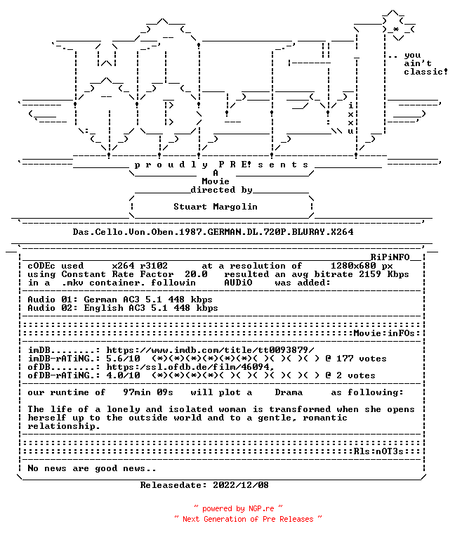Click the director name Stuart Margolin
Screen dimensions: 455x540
[x=216, y=207]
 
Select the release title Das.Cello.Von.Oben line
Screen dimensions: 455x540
[x=213, y=232]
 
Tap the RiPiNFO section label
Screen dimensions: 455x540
[x=390, y=257]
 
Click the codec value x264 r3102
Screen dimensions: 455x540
[x=140, y=266]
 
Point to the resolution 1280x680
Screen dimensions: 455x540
[x=353, y=266]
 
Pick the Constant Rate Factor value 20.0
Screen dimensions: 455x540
[x=196, y=274]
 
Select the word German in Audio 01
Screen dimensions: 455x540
[x=100, y=300]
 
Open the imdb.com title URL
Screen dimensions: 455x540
[x=210, y=350]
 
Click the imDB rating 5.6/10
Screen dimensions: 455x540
[x=123, y=359]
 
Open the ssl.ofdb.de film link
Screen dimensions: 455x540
[x=190, y=367]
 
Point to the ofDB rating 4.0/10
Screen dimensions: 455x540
[x=123, y=375]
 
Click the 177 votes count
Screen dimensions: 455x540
[x=362, y=359]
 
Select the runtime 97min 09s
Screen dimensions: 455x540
[x=148, y=392]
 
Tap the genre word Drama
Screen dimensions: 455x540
[x=289, y=392]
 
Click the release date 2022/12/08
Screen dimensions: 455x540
[x=241, y=485]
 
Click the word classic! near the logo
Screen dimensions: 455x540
[x=426, y=72]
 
